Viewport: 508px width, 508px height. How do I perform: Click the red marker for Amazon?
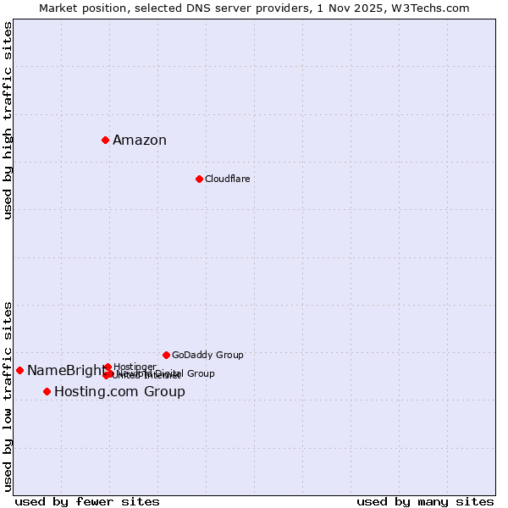105,140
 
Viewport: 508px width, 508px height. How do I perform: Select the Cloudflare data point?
199,179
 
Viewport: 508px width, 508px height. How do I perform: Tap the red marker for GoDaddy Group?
166,355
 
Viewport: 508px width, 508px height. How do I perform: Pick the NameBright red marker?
19,370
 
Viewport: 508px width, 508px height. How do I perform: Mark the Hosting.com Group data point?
47,391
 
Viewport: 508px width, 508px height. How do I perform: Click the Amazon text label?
140,141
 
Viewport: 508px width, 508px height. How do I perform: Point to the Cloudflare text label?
227,179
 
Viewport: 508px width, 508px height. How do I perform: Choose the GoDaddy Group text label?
207,355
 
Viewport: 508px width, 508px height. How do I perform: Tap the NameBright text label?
66,370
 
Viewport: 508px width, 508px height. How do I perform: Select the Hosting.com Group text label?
119,392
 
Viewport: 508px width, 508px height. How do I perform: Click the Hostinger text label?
134,367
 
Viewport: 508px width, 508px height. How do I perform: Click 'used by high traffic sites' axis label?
8,120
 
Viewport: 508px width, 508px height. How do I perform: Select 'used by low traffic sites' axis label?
8,395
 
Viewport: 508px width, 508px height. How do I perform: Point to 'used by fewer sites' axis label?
87,501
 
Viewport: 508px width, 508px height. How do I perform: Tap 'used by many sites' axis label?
425,501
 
